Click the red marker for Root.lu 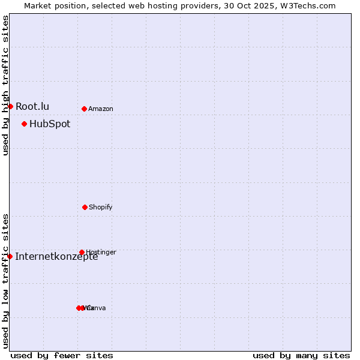10,106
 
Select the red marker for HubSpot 24,124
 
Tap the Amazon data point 84,109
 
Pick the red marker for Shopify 85,207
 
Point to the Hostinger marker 82,252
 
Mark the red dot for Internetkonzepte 10,256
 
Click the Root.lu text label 32,106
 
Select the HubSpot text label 50,124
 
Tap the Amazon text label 101,109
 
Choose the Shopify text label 101,207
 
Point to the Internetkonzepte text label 56,256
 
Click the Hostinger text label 101,252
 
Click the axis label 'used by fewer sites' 62,355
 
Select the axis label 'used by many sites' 301,355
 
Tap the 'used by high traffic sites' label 5,85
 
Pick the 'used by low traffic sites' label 5,280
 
